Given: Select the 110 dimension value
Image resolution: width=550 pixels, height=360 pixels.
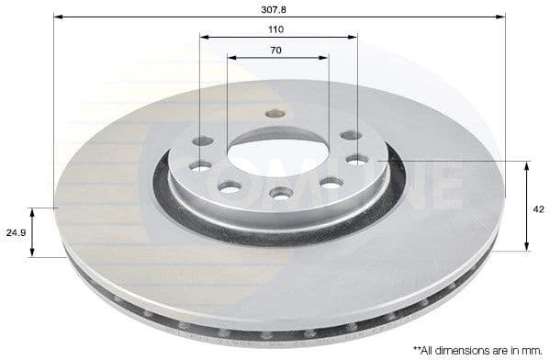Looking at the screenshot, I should [277, 29].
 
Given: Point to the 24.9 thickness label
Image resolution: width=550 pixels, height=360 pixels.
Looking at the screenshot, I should [14, 233].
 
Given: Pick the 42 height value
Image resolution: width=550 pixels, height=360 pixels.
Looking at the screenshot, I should [538, 209].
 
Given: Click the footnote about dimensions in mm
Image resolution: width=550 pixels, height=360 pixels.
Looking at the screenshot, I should [477, 349].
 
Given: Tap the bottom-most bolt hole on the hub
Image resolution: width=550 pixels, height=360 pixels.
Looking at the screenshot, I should [281, 193].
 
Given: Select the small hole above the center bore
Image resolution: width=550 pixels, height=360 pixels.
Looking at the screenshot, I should [273, 114].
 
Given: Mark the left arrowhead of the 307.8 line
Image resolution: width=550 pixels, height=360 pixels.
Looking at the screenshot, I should [58, 17].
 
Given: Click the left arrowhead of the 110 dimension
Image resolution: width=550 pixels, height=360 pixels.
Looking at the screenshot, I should [204, 38].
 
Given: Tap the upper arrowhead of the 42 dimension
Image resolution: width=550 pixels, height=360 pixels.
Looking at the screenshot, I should [526, 166].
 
